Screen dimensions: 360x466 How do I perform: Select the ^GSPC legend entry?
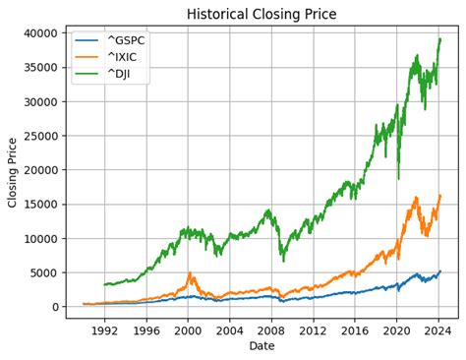(x=125, y=40)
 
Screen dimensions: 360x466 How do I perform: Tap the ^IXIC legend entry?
(x=123, y=57)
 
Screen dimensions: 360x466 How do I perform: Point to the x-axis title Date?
(x=262, y=346)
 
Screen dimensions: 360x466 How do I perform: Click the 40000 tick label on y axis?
(x=39, y=33)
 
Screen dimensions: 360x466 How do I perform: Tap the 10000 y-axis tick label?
(x=39, y=239)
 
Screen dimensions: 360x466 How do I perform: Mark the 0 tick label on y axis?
(x=56, y=307)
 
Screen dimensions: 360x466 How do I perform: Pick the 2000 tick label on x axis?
(x=188, y=330)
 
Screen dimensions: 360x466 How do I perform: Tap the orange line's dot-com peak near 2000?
(x=190, y=272)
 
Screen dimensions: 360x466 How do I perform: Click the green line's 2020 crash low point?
(x=398, y=179)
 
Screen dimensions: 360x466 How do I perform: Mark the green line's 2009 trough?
(x=283, y=261)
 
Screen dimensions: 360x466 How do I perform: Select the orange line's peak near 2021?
(x=416, y=198)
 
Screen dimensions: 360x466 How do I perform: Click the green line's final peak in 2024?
(x=439, y=39)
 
